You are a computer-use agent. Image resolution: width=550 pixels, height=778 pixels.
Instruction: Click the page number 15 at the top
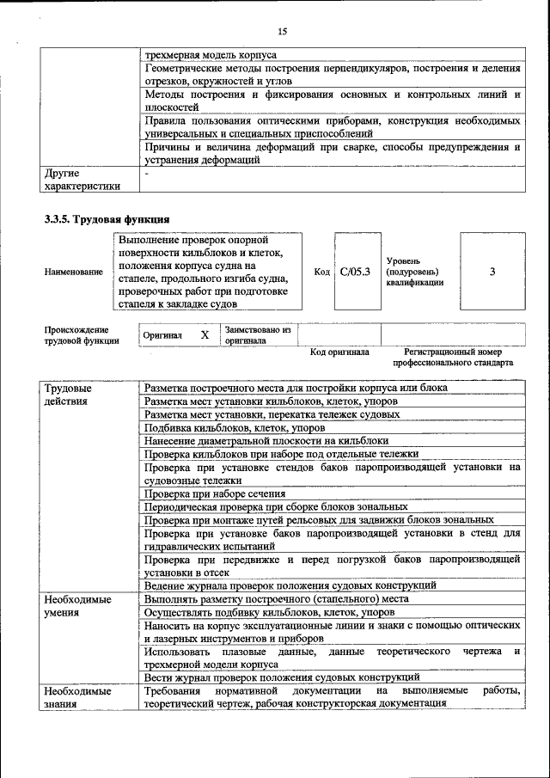[x=282, y=31]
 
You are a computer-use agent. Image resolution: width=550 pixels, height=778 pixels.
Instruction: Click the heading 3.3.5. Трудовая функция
[x=107, y=219]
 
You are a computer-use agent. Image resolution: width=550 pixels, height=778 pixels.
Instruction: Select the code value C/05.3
[x=354, y=272]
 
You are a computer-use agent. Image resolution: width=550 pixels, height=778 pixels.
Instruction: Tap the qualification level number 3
[x=492, y=272]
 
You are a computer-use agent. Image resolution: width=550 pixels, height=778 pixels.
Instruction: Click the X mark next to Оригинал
[x=205, y=334]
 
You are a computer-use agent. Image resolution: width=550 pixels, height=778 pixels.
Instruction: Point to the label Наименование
[x=73, y=272]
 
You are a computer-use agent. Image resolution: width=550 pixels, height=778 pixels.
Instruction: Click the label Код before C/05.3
[x=321, y=272]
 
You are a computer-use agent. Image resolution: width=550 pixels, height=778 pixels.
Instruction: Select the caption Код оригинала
[x=339, y=352]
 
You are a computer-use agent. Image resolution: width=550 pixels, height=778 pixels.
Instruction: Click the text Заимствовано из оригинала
[x=258, y=334]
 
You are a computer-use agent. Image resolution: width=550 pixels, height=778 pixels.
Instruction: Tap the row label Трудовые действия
[x=68, y=395]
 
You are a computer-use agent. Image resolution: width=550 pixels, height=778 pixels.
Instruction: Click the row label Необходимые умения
[x=78, y=605]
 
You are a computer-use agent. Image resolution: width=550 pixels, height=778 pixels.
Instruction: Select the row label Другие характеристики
[x=82, y=179]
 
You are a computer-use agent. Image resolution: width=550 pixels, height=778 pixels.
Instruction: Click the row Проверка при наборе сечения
[x=215, y=493]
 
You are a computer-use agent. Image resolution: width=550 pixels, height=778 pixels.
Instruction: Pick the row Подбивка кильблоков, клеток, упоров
[x=234, y=427]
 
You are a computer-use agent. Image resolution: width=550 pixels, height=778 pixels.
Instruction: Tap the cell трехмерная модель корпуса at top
[x=211, y=54]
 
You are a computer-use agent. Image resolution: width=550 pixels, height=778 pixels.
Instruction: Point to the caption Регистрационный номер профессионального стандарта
[x=452, y=358]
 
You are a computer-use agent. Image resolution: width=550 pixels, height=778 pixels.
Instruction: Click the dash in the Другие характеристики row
[x=147, y=174]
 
